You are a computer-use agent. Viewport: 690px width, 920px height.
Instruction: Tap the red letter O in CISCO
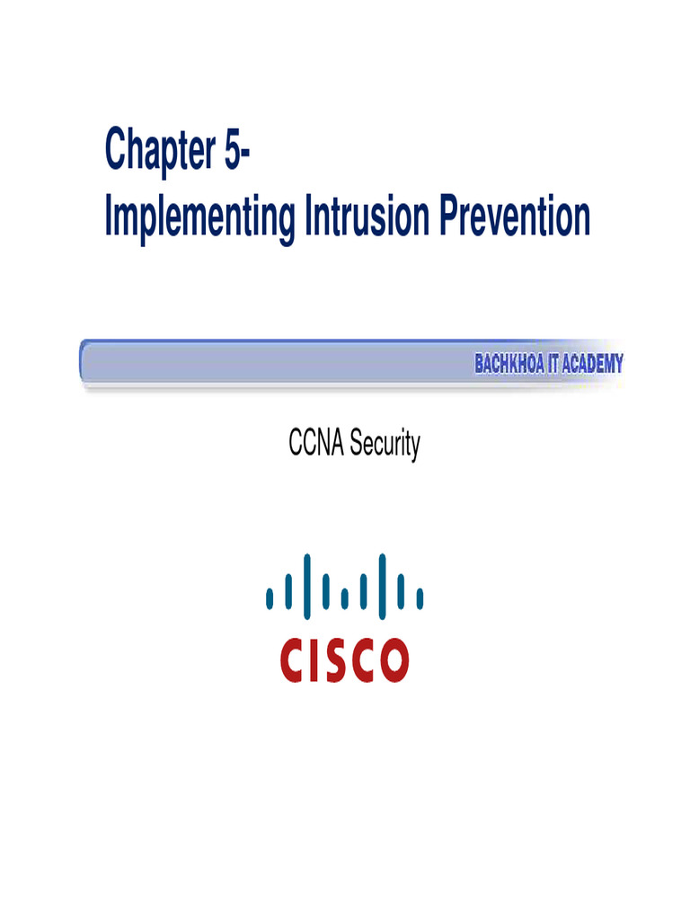tap(391, 660)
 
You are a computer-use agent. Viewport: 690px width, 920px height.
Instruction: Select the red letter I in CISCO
tap(305, 660)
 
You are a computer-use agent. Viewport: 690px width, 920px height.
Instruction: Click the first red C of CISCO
tap(290, 660)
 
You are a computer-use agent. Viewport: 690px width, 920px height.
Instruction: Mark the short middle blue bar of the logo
tap(344, 596)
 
